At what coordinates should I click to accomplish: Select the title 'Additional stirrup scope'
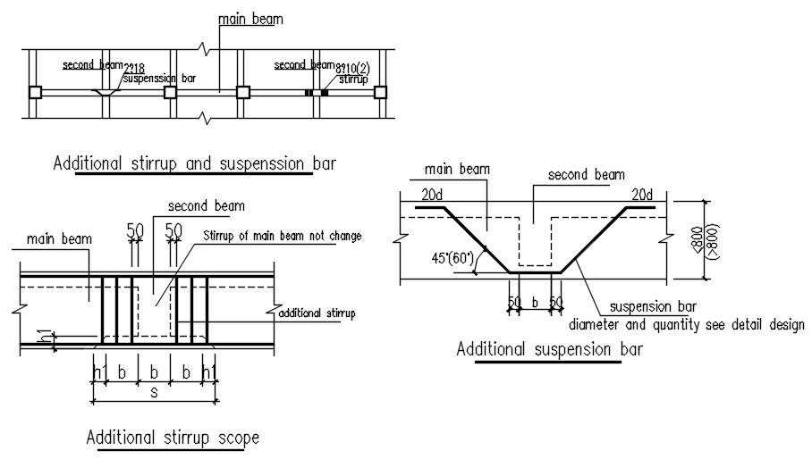(x=173, y=438)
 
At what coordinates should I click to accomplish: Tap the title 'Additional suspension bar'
(x=549, y=349)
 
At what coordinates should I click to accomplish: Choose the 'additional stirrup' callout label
(x=317, y=313)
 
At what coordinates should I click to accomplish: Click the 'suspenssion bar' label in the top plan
(x=160, y=78)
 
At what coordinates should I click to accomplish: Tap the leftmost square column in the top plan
(x=35, y=92)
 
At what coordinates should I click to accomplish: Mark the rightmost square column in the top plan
(x=380, y=92)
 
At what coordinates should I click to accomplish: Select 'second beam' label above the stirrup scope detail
(x=194, y=206)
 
